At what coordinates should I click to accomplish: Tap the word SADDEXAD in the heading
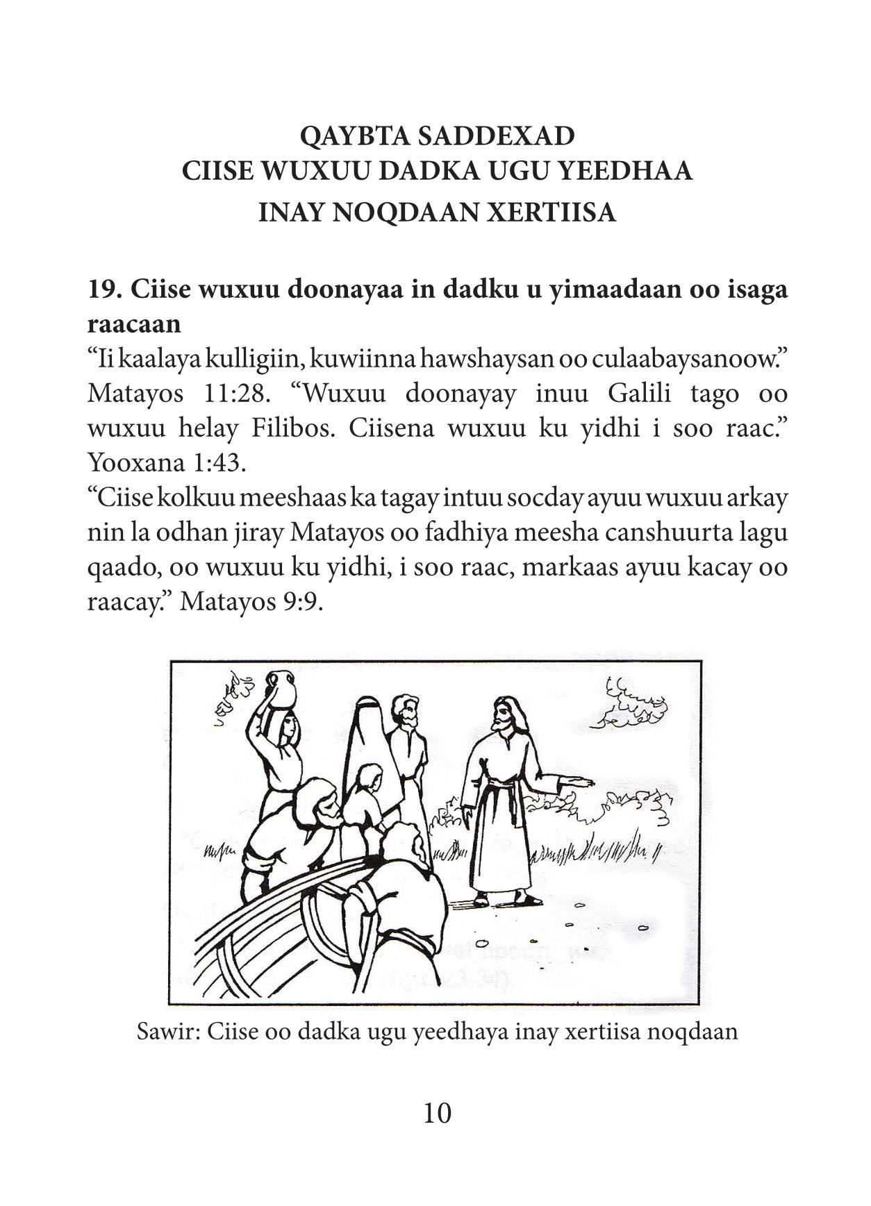click(x=495, y=136)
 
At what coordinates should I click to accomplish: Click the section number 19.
click(x=103, y=289)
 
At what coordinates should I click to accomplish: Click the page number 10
click(x=436, y=1113)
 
